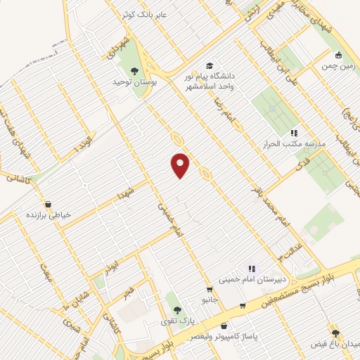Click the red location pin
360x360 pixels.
pos(181,165)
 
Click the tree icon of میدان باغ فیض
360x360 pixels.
pos(335,333)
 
